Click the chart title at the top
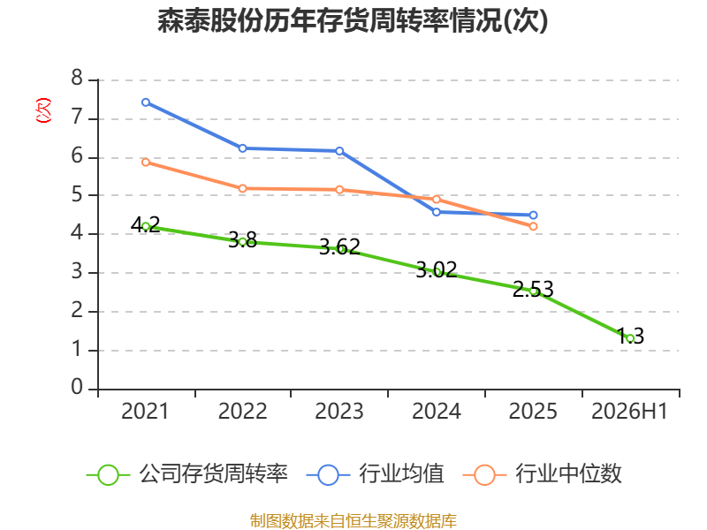click(353, 21)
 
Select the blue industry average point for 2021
click(146, 102)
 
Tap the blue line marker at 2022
click(242, 148)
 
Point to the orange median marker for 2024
click(437, 200)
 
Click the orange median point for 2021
click(146, 163)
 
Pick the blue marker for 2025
click(534, 216)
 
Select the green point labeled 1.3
click(630, 338)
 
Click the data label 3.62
click(339, 247)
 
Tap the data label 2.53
click(533, 290)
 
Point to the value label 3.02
click(437, 270)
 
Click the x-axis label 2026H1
click(629, 412)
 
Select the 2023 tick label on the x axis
click(339, 412)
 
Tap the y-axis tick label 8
click(77, 78)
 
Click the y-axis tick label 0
click(77, 387)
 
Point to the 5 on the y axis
click(77, 194)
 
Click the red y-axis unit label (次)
click(43, 110)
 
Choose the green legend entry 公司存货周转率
click(187, 474)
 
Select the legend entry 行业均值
click(375, 474)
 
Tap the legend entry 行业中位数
click(543, 474)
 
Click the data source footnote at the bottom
click(353, 521)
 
